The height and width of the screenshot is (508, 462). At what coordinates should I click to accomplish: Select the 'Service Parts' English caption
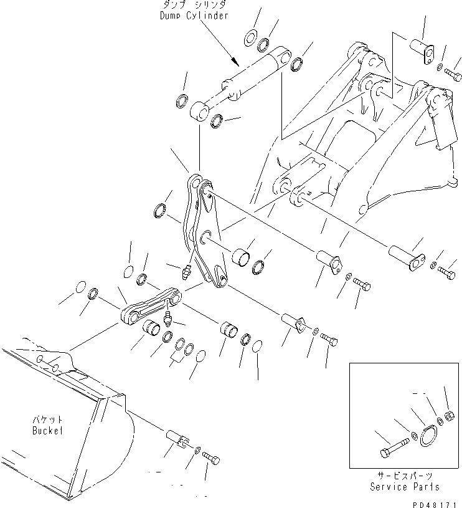pyautogui.click(x=404, y=487)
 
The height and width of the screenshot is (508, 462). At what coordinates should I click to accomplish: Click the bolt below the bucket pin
pyautogui.click(x=212, y=459)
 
